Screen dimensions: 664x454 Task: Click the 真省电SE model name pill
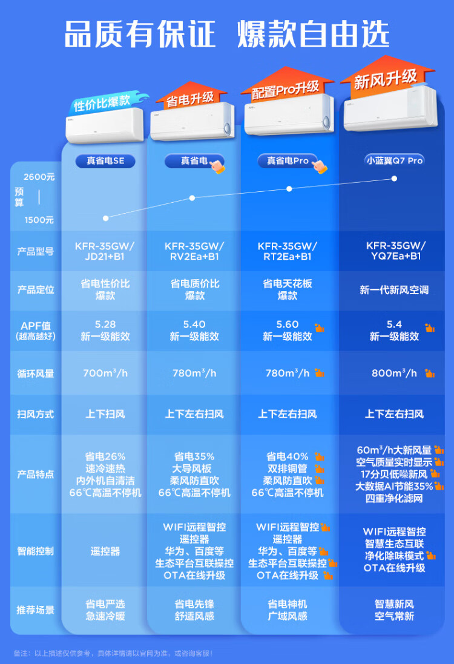[105, 161]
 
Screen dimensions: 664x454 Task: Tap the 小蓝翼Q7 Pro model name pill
[395, 160]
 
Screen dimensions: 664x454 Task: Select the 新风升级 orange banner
[386, 79]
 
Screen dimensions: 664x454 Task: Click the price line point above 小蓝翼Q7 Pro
[395, 179]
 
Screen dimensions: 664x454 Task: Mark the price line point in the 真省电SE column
[105, 218]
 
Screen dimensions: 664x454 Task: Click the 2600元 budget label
[39, 177]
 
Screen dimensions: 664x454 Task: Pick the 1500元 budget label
[39, 220]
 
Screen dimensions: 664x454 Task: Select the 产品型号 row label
[35, 251]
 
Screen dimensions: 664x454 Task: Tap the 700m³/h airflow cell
[105, 373]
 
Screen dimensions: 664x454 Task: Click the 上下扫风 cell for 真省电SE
[105, 414]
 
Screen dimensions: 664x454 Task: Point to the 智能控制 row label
[35, 551]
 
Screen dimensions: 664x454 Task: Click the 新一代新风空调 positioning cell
[394, 290]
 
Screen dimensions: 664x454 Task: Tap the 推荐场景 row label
[35, 610]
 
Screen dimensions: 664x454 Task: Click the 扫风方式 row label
[35, 414]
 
